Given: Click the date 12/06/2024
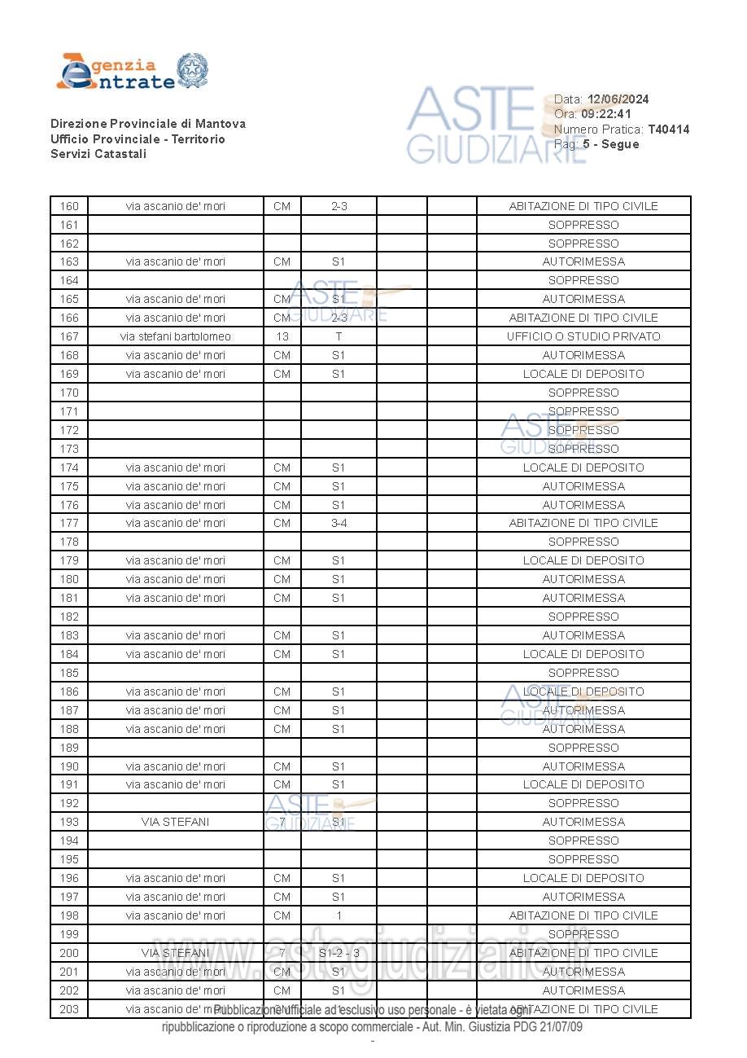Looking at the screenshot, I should [618, 99].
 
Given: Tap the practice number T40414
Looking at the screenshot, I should [668, 130].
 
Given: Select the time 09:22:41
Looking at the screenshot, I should [606, 114].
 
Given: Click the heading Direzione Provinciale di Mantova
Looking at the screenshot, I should [147, 124].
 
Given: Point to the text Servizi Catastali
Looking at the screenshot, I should [98, 154].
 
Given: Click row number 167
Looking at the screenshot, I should [69, 336].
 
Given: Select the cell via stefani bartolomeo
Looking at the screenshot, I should [175, 336].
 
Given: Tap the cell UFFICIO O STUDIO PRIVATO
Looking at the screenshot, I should [583, 336].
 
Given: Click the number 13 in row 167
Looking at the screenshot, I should [282, 336].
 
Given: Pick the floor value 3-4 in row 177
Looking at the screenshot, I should [339, 523].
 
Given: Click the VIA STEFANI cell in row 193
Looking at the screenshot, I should [175, 822].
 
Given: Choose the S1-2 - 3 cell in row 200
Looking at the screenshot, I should [339, 953].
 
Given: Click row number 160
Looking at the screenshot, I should [69, 206].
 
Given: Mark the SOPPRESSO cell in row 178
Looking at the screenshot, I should [583, 542].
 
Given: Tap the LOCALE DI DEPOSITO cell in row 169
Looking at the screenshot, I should [583, 374].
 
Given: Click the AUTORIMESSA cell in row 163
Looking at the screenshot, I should [583, 261].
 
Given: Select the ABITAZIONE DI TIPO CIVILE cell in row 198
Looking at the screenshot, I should [583, 915].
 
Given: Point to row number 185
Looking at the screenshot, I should [69, 673].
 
